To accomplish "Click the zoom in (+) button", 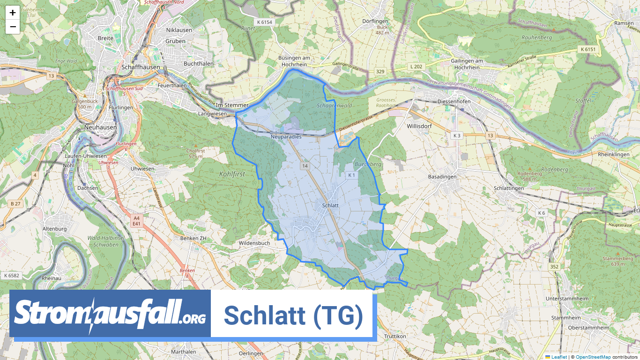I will (13, 13).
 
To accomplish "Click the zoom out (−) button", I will (13, 27).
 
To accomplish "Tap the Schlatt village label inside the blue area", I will (330, 205).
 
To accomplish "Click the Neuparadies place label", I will (286, 137).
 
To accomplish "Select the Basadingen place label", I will (442, 177).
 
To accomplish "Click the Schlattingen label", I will (509, 188).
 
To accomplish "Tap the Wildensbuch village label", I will (254, 243).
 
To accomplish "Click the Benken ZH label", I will (193, 238).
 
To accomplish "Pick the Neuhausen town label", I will (100, 127).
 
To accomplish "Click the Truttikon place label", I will (395, 337).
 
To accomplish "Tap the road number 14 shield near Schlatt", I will (305, 166).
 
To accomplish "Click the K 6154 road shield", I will (264, 22).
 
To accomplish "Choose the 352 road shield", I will (554, 267).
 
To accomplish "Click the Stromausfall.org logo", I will (110, 313).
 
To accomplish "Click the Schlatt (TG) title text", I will (293, 315).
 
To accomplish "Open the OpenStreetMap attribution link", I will (593, 357).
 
